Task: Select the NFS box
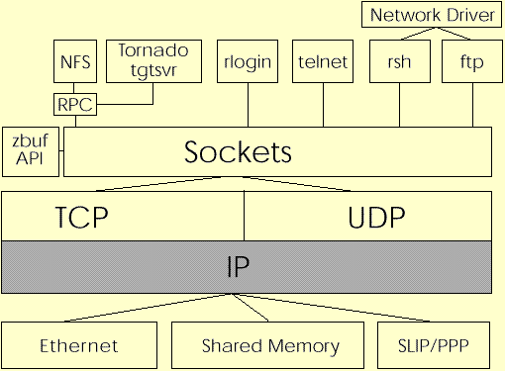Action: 73,61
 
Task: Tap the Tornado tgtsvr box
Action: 156,60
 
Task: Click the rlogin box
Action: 247,61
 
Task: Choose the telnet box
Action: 323,61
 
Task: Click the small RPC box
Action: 73,102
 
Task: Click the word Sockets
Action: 238,152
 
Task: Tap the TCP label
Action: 81,218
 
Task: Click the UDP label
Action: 376,218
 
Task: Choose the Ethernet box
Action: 79,345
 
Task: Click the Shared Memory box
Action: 270,345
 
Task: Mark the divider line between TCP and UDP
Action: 245,218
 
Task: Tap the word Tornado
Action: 156,48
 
